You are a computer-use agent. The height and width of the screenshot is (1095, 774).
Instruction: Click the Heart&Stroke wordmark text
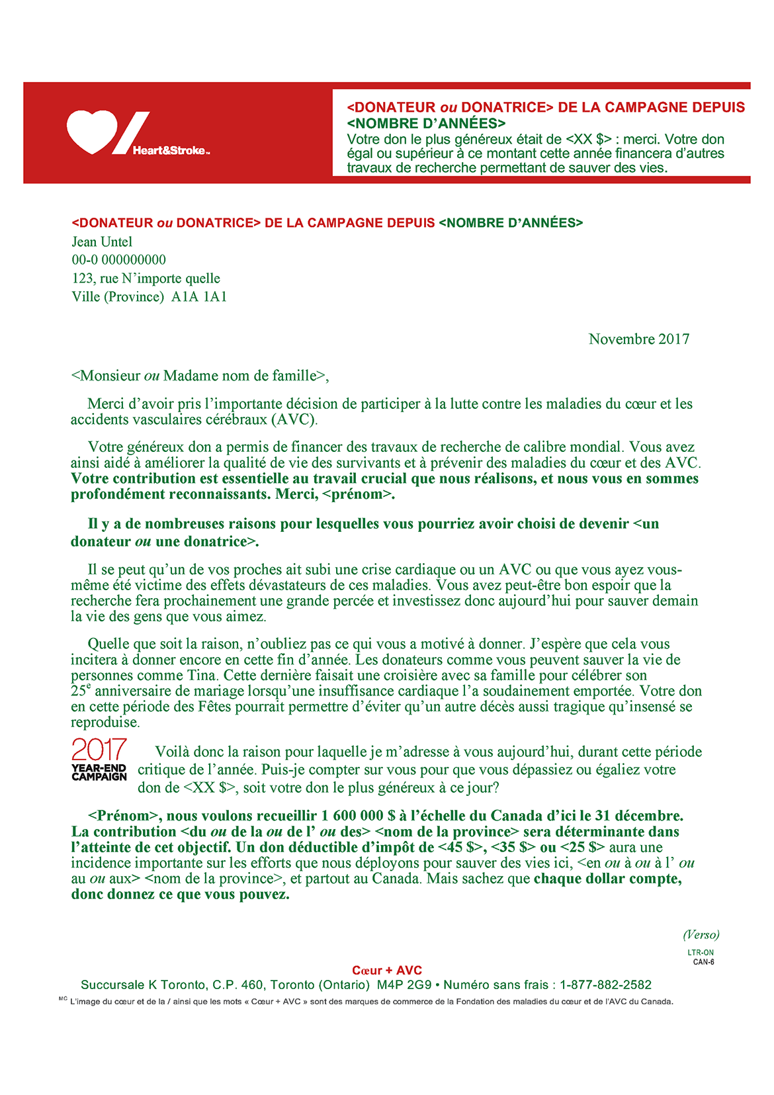pos(170,151)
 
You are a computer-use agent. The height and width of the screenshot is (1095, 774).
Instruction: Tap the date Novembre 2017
pos(638,339)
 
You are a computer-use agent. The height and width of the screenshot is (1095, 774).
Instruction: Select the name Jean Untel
pos(102,242)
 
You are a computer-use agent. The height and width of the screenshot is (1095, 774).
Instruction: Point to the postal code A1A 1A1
pos(199,297)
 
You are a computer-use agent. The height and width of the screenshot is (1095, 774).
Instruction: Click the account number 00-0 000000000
pos(119,260)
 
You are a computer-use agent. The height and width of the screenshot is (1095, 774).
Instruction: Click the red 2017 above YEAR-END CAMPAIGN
pos(99,750)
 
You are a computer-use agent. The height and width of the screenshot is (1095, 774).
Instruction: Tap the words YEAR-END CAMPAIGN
pos(99,773)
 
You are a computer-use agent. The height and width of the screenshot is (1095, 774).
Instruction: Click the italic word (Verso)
pos(701,935)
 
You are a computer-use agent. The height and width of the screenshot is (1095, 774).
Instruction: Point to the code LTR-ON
pos(701,953)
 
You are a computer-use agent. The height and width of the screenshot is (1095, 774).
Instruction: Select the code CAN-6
pos(703,962)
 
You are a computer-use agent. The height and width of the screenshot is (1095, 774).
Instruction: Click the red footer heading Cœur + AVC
pos(387,971)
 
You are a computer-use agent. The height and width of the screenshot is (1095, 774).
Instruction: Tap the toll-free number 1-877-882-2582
pos(605,985)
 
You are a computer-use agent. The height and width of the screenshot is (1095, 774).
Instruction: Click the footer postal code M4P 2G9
pos(404,985)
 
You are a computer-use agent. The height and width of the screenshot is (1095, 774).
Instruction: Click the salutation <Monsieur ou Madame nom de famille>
pos(200,376)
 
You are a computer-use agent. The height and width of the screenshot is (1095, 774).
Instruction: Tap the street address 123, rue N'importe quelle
pos(146,279)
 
